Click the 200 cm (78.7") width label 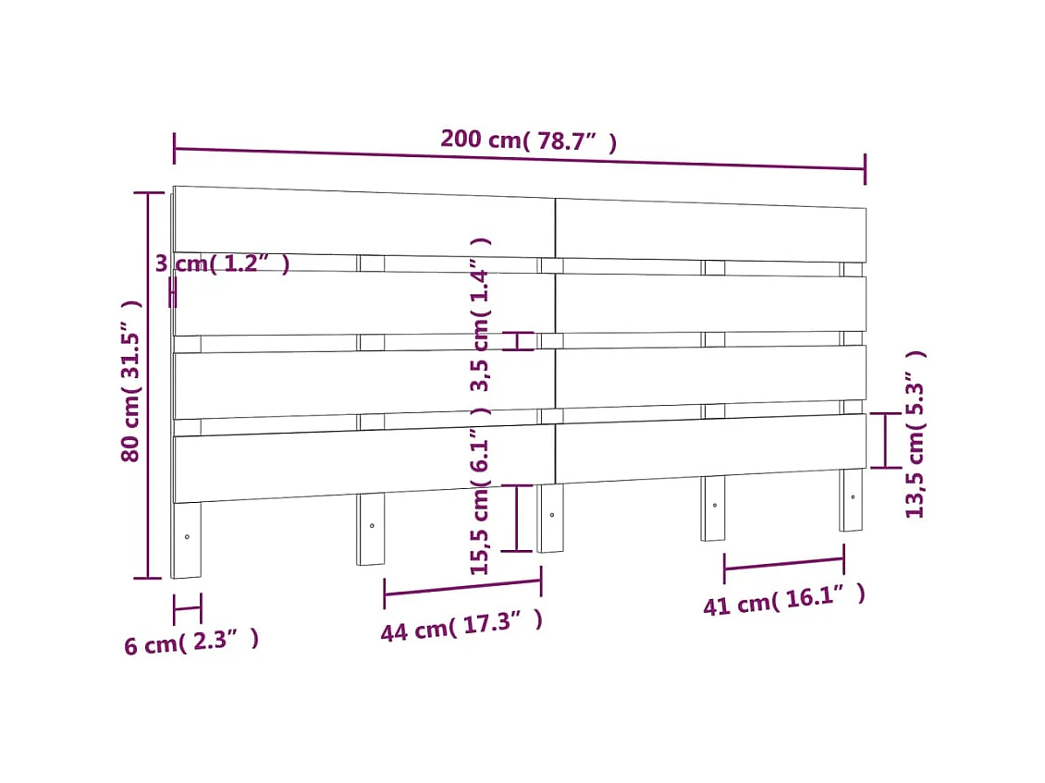coord(528,141)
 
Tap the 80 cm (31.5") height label coord(131,381)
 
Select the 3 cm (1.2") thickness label coord(222,264)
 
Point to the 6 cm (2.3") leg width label coord(191,642)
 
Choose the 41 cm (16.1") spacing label coord(784,600)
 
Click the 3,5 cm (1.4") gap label coord(479,314)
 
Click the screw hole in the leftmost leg coord(187,536)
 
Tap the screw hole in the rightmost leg coord(853,496)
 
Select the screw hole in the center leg coord(551,514)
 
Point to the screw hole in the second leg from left coord(372,525)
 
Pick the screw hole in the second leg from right coord(714,505)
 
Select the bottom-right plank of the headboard coord(710,447)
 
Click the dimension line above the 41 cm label coord(783,564)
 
